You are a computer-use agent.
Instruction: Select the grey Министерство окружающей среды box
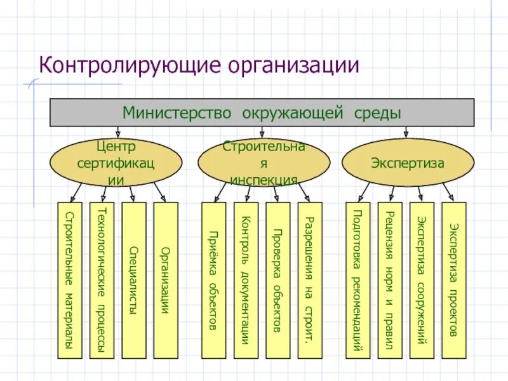pos(262,113)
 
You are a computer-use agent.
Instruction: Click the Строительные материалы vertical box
pos(70,279)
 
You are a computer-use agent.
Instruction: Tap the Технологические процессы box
pos(102,279)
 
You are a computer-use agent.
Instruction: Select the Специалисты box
pos(134,279)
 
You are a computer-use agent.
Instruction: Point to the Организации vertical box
pos(166,279)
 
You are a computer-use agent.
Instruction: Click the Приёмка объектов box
pos(214,279)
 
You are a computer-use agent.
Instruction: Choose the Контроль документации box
pos(246,279)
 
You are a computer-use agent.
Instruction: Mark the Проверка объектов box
pos(277,279)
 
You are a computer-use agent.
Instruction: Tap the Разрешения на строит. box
pos(309,279)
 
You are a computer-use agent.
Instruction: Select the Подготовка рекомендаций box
pos(358,279)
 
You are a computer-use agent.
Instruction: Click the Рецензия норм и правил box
pos(389,279)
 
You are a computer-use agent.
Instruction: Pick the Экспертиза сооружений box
pos(422,279)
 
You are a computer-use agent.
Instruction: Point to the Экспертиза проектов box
pos(453,279)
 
